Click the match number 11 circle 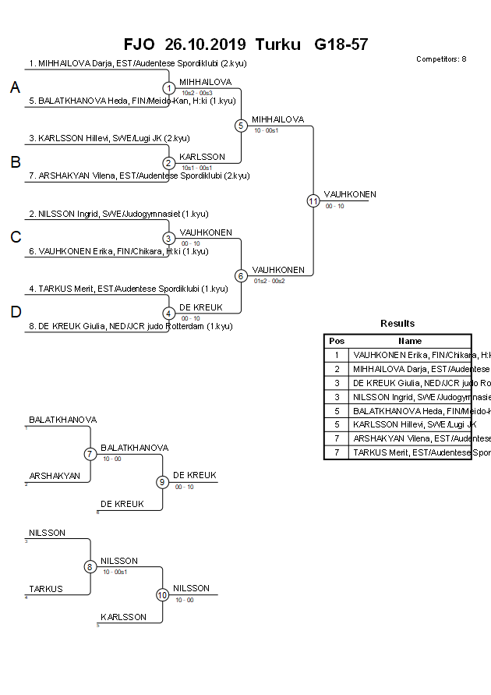(313, 201)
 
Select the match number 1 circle (169, 88)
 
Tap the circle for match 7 (90, 454)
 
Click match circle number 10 (163, 595)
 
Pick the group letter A (15, 88)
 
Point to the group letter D (15, 312)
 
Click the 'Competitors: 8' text (441, 59)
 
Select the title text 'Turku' (277, 44)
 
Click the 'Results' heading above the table (397, 324)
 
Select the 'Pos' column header (337, 341)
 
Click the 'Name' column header (410, 341)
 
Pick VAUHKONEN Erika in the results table (412, 355)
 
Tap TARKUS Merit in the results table (412, 452)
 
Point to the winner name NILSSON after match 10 (191, 588)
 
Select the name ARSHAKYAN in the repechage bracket (55, 475)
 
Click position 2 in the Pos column (337, 369)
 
